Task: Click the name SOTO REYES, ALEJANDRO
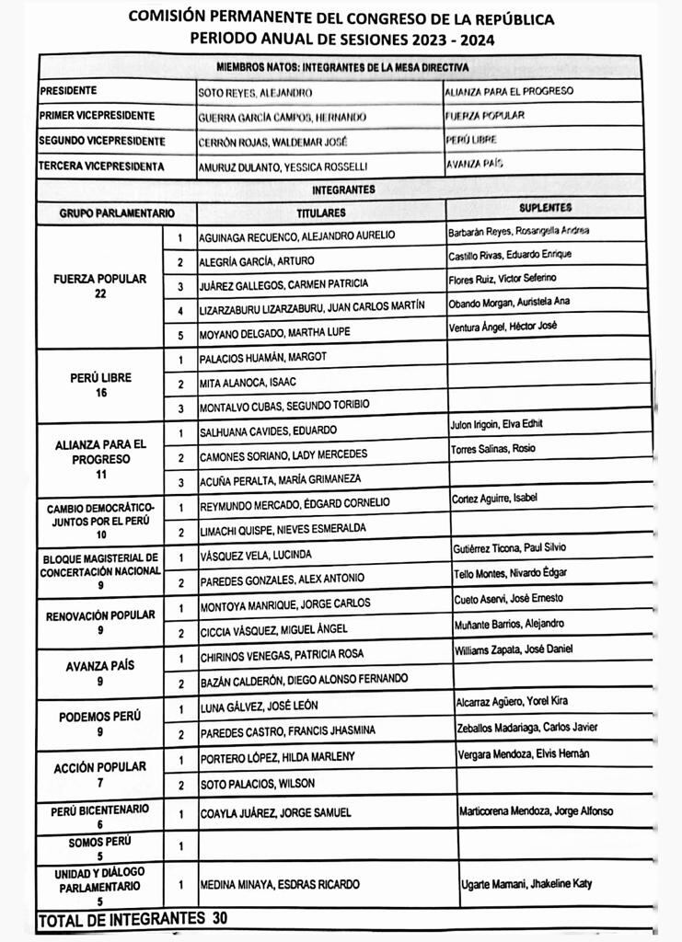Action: tap(255, 93)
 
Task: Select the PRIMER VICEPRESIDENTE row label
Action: tap(98, 117)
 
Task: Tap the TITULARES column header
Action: tap(320, 212)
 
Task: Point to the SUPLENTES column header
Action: tap(545, 208)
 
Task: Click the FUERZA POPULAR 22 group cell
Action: tap(100, 285)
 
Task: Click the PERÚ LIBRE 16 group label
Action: tap(100, 385)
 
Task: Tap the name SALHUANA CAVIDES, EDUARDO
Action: tap(268, 431)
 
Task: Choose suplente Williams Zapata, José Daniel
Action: tap(514, 649)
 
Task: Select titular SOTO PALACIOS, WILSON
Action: tap(257, 784)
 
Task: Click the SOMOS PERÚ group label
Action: tap(100, 847)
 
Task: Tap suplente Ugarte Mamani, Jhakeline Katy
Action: tap(526, 884)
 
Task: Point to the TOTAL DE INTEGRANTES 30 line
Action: tap(133, 918)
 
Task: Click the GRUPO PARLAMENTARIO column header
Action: tap(117, 213)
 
